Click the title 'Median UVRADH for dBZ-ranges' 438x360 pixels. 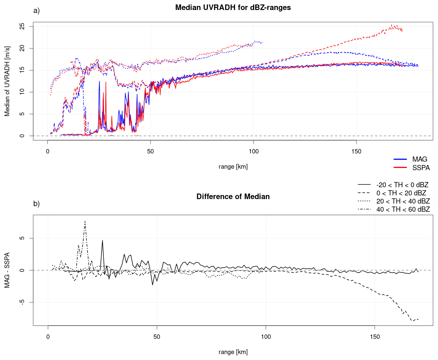point(233,7)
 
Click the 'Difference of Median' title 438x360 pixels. point(233,196)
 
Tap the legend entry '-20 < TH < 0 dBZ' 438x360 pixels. point(393,185)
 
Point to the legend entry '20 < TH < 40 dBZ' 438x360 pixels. point(394,201)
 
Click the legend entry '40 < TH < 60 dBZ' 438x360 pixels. point(394,209)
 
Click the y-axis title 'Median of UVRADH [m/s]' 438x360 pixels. point(7,81)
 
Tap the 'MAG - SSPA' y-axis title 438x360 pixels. point(7,270)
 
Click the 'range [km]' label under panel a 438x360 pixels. point(233,167)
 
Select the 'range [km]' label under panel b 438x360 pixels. point(233,352)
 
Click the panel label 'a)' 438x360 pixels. point(36,11)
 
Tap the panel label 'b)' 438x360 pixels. point(36,204)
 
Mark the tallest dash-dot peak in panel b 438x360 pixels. point(85,221)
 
